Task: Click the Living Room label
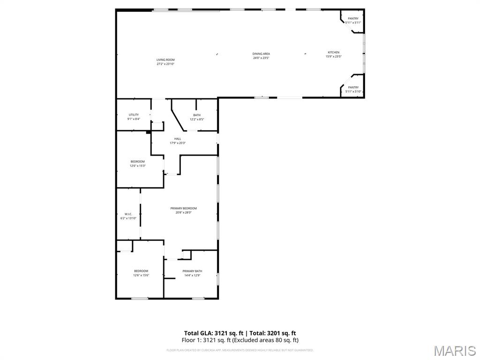(x=165, y=60)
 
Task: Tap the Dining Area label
(x=261, y=54)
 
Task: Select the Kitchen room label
(x=333, y=52)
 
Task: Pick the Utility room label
(x=134, y=115)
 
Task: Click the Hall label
(x=178, y=139)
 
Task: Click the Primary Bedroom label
(x=183, y=208)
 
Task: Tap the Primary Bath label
(x=192, y=271)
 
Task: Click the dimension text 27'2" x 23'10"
(x=165, y=64)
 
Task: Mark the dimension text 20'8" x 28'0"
(x=183, y=213)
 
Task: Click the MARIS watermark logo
(x=454, y=350)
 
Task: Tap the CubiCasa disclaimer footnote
(x=240, y=350)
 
